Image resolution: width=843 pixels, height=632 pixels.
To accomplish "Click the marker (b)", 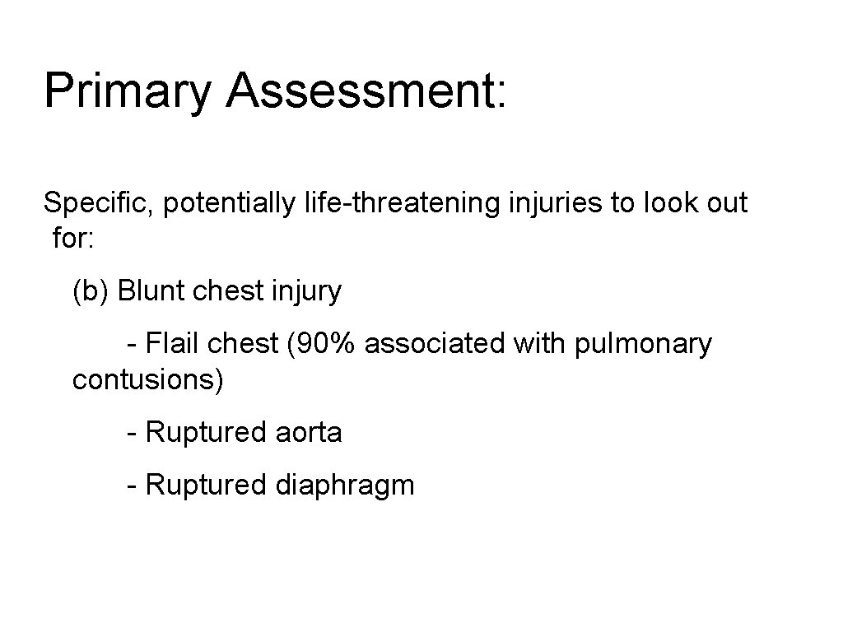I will click(x=91, y=291).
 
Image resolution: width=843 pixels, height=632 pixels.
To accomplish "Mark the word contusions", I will click(x=147, y=380).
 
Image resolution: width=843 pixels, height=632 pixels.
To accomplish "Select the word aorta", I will click(x=308, y=432).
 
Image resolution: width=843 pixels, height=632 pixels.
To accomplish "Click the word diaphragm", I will click(x=344, y=486).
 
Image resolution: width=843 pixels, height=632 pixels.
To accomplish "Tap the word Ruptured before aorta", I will click(x=206, y=432).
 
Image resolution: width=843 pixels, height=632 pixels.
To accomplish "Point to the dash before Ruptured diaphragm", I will click(x=132, y=486).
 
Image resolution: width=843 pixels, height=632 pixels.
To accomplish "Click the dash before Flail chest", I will click(x=132, y=343).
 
